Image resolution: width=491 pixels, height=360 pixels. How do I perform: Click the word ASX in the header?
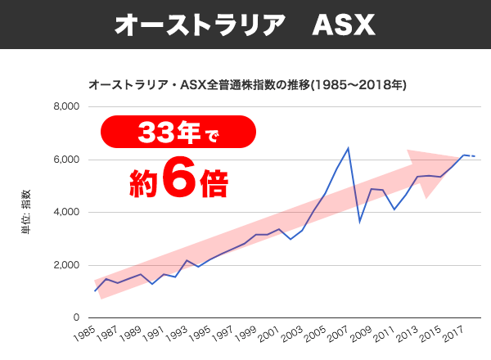[x=344, y=25]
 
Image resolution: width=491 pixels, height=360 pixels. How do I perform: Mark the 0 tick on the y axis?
[x=74, y=317]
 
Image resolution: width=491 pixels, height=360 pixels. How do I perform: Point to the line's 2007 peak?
[x=349, y=148]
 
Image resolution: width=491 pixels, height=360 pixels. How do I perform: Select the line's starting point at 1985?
[x=95, y=291]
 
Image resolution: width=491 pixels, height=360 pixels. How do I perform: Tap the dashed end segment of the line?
[x=471, y=155]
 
